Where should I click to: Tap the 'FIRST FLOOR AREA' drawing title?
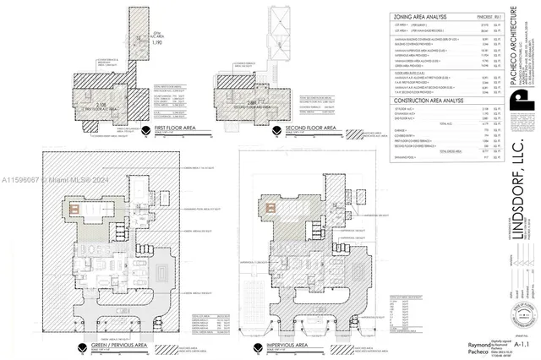pos(176,128)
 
